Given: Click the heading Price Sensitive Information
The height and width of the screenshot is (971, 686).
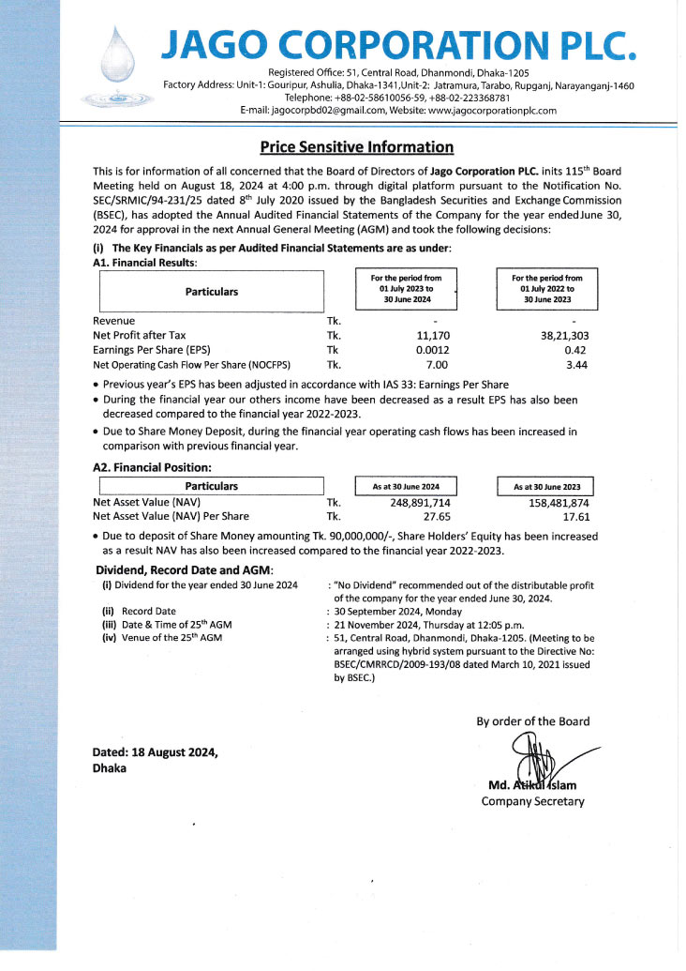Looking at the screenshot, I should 356,147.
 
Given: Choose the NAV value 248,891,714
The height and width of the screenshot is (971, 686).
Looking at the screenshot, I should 413,502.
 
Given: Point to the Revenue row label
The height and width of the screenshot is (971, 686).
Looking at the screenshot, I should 114,320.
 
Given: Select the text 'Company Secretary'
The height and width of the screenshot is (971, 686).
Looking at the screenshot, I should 532,801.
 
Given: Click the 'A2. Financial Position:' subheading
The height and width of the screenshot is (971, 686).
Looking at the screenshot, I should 152,466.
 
